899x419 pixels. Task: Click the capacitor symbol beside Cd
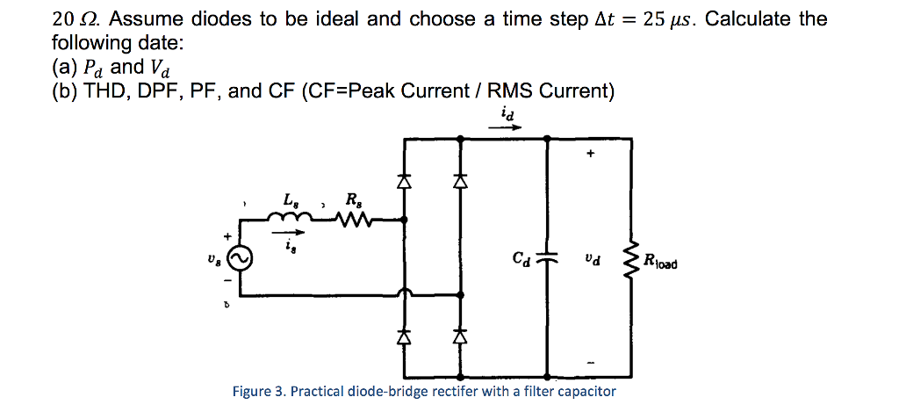547,260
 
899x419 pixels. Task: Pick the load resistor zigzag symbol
629,260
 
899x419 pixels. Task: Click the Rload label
659,260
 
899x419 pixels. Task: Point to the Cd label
521,259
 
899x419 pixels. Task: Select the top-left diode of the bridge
404,182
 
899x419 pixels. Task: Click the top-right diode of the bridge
458,182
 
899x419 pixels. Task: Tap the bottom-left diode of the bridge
404,336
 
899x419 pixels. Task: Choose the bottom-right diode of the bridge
458,336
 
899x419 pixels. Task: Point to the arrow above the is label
294,234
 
